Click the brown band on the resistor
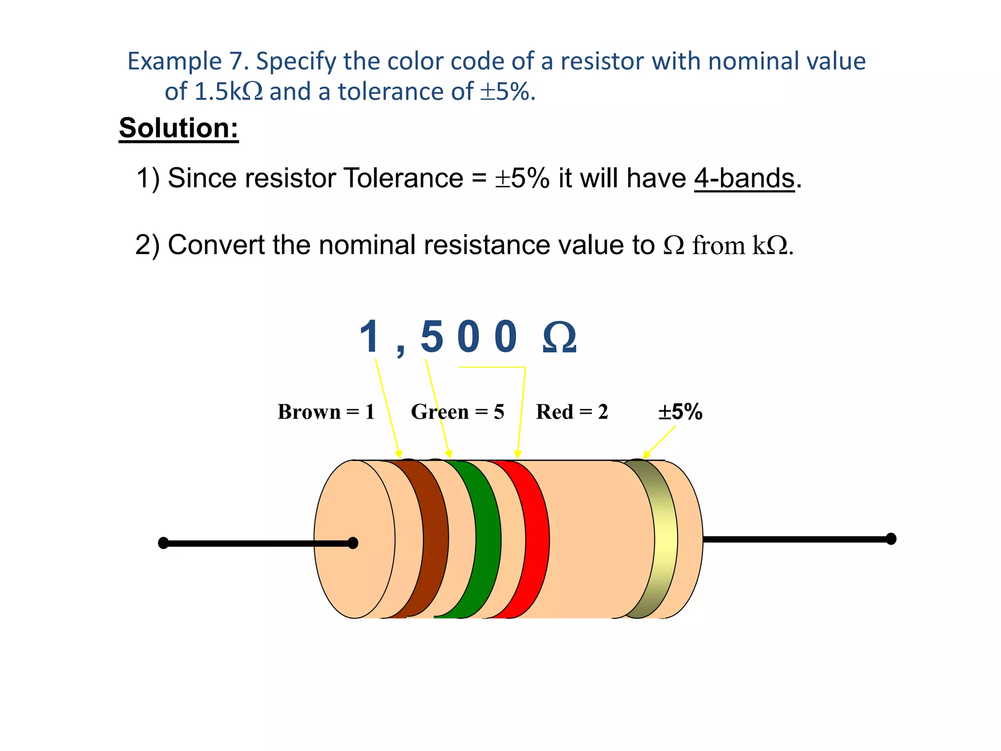click(433, 538)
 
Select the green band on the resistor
click(485, 538)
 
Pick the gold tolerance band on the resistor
click(665, 538)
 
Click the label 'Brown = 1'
click(326, 412)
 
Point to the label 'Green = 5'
click(457, 412)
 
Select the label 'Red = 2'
click(572, 412)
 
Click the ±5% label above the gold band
click(680, 412)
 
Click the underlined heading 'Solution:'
click(178, 128)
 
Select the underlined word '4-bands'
click(744, 178)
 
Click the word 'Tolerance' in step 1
click(403, 178)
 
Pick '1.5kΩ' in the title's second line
click(228, 92)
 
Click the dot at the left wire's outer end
click(164, 543)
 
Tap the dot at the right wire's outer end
click(891, 539)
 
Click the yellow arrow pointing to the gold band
click(659, 442)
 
